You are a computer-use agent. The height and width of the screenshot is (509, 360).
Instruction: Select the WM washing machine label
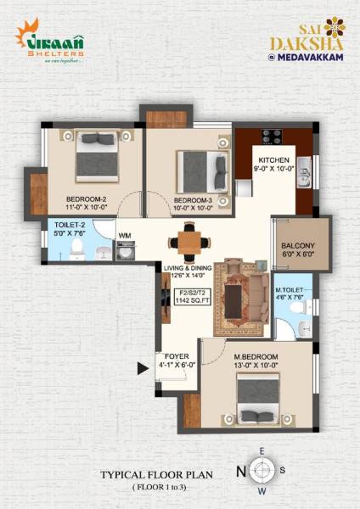click(x=124, y=235)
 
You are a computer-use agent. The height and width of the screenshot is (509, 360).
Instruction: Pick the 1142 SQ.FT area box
click(x=191, y=298)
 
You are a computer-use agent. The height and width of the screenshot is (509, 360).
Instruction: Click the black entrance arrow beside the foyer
click(x=143, y=368)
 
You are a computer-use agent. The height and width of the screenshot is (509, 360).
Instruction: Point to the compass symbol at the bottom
click(x=263, y=470)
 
